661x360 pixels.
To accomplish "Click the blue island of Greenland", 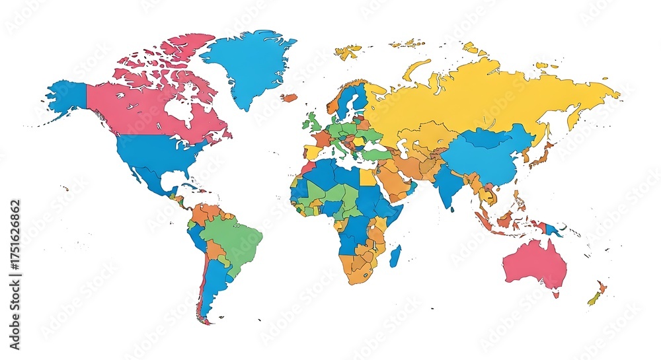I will click(x=250, y=63).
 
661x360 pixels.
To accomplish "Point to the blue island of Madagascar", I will click(x=395, y=256).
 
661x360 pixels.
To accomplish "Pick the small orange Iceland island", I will click(x=289, y=98).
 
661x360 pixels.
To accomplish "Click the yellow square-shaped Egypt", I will click(x=368, y=176).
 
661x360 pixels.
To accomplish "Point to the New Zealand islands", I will click(x=597, y=294).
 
